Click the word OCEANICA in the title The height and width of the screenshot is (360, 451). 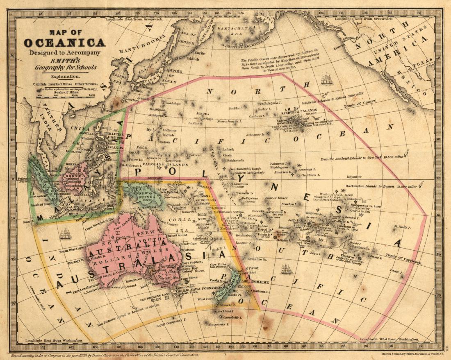pyautogui.click(x=64, y=43)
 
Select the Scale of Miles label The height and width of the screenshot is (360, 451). pyautogui.click(x=65, y=92)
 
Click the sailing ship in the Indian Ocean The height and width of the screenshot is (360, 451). pyautogui.click(x=66, y=234)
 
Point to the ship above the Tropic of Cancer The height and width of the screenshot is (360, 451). pyautogui.click(x=327, y=79)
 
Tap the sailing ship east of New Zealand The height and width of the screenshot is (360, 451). pyautogui.click(x=287, y=269)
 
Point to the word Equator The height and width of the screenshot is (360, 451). pyautogui.click(x=353, y=177)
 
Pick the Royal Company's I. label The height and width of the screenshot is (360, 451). pyautogui.click(x=157, y=326)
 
